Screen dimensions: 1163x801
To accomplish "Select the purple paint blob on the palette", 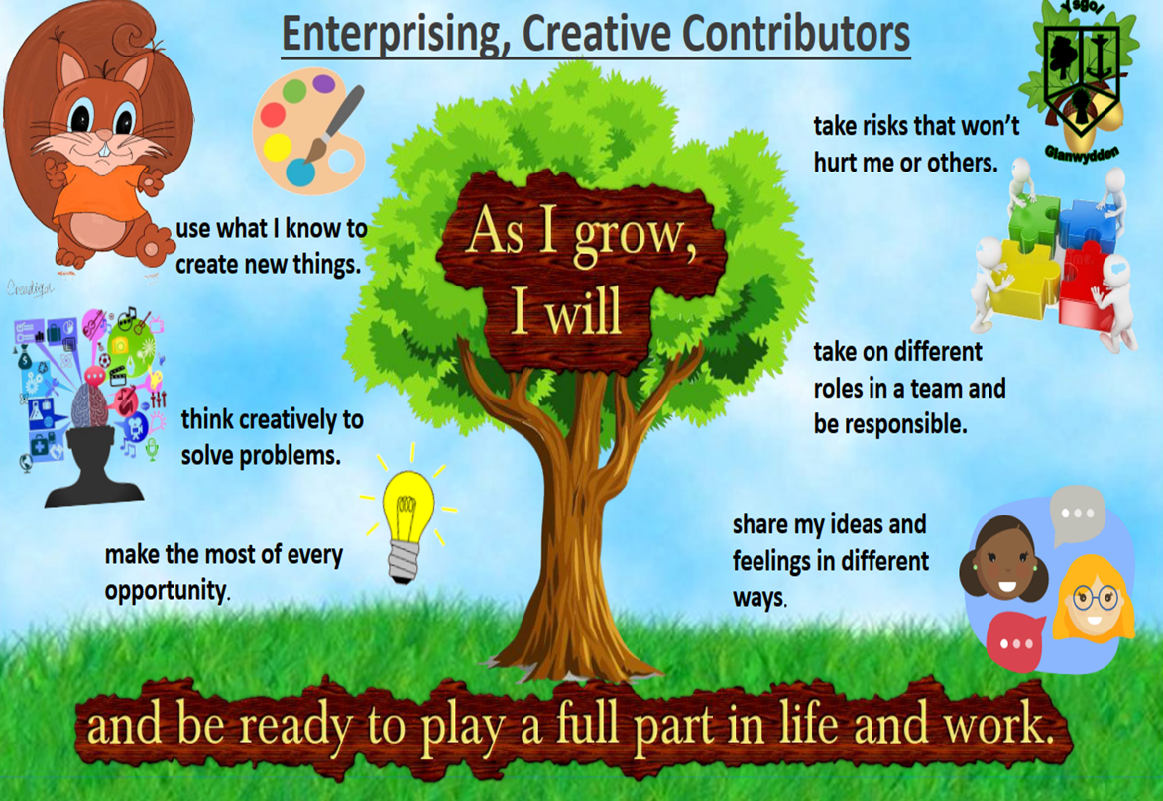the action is click(x=324, y=84).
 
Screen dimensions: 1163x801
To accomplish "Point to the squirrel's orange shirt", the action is click(x=100, y=189).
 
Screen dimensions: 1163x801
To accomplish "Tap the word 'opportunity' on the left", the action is click(x=166, y=591).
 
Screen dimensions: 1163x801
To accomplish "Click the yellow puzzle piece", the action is click(x=1026, y=279).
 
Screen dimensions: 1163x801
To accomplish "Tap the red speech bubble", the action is click(x=1015, y=642).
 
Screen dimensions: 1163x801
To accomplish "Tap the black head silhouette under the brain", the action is click(x=93, y=467).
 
